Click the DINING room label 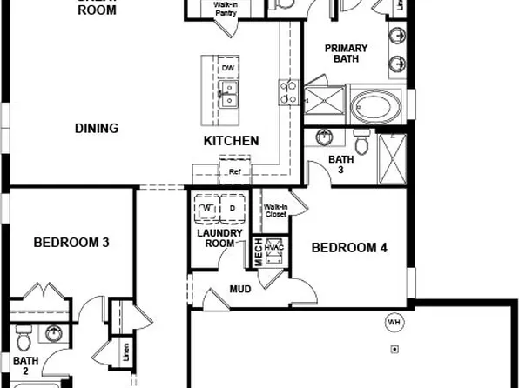tap(96, 129)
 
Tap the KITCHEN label tap(231, 141)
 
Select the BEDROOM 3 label tap(71, 243)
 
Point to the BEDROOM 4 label tap(349, 248)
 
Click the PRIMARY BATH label tap(347, 55)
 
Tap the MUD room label tap(240, 289)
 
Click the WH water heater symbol tap(394, 323)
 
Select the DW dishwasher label tap(228, 68)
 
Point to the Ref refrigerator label tap(234, 172)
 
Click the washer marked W tap(207, 210)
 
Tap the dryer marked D tap(233, 210)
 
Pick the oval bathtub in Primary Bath tap(377, 109)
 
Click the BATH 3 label tap(340, 164)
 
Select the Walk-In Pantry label tap(227, 9)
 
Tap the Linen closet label tap(126, 353)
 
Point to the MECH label tap(258, 252)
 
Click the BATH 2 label tap(25, 365)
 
